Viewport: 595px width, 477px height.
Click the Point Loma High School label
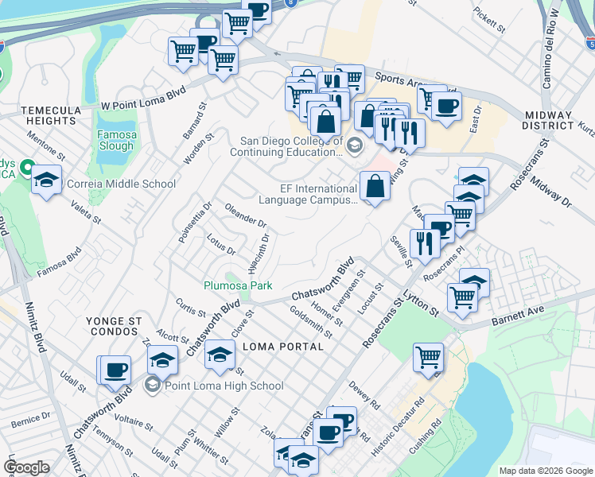pyautogui.click(x=224, y=386)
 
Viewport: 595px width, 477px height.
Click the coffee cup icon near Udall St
pyautogui.click(x=115, y=369)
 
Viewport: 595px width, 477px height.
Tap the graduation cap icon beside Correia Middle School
pyautogui.click(x=47, y=180)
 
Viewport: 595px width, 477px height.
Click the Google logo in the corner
pyautogui.click(x=26, y=467)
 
